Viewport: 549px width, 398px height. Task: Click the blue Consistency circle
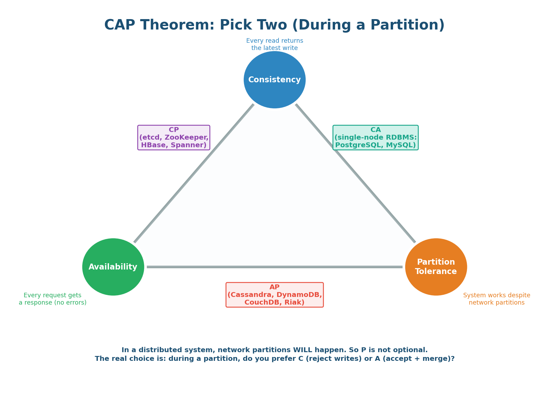274,80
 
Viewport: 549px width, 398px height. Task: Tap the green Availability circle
113,267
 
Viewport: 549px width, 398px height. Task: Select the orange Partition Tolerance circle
436,267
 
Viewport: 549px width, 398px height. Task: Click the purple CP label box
174,138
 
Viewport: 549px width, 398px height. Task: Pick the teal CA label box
375,138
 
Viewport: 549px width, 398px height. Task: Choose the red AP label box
274,295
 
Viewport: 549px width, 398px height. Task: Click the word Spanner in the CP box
193,145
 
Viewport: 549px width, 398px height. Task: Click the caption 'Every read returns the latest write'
274,44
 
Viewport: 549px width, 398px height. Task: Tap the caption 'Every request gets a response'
52,299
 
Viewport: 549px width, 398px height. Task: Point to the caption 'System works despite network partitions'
497,299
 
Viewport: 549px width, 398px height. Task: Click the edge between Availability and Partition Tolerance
274,267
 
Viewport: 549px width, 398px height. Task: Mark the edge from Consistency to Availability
194,173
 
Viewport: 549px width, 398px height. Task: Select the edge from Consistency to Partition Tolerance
355,173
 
